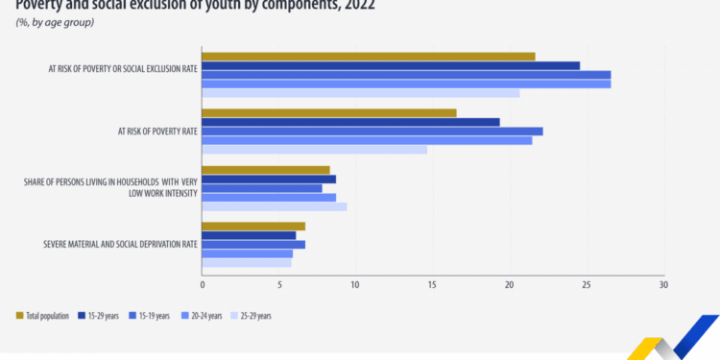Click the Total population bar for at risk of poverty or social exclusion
(x=369, y=57)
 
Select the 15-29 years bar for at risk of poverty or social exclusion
(x=391, y=65)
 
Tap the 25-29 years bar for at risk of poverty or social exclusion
(x=361, y=93)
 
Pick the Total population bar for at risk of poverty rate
(x=329, y=113)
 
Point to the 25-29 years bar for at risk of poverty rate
(x=315, y=150)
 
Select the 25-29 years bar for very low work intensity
(x=275, y=206)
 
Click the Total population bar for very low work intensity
(x=266, y=170)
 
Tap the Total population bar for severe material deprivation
(x=253, y=227)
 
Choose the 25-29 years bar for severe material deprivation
(x=247, y=262)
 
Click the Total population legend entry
(x=43, y=315)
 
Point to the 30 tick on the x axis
(x=662, y=285)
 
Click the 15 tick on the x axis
(x=433, y=285)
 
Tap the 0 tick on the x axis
(x=203, y=285)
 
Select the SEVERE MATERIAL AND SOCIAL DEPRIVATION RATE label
(x=120, y=244)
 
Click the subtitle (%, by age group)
(x=54, y=21)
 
